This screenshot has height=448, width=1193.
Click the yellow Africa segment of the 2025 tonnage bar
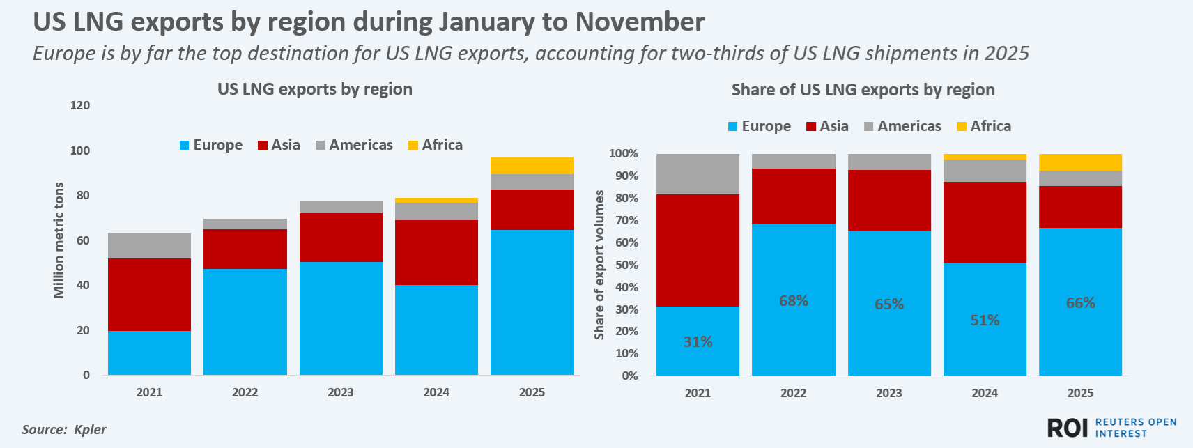(532, 165)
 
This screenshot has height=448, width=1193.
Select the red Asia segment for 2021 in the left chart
(149, 294)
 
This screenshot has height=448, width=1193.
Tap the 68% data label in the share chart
(793, 301)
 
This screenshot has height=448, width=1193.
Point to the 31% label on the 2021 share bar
(698, 342)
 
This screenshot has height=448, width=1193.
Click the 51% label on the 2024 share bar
(985, 320)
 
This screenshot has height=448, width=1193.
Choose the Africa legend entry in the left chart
(436, 145)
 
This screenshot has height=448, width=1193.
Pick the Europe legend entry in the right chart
(760, 126)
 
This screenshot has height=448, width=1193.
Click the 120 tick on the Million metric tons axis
(80, 106)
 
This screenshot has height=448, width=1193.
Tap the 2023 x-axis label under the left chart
(341, 392)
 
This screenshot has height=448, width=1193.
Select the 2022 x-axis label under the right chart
(793, 393)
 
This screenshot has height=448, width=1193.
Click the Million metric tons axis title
(59, 240)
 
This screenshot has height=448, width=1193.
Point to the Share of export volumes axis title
(599, 265)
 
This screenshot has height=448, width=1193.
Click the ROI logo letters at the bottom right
(1068, 428)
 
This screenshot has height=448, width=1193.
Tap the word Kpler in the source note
(90, 429)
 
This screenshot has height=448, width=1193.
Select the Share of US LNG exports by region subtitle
(863, 90)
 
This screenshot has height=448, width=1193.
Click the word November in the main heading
(640, 22)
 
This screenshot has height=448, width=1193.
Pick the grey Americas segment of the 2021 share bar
(698, 174)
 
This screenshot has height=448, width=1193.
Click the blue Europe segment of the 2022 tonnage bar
(245, 322)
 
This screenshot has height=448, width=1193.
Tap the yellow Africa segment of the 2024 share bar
(985, 157)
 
